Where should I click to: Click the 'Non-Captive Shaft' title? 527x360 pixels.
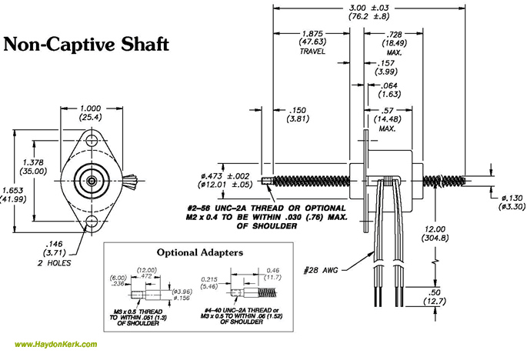86,43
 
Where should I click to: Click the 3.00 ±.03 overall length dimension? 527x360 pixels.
368,7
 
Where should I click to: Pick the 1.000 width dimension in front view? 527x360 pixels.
92,108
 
